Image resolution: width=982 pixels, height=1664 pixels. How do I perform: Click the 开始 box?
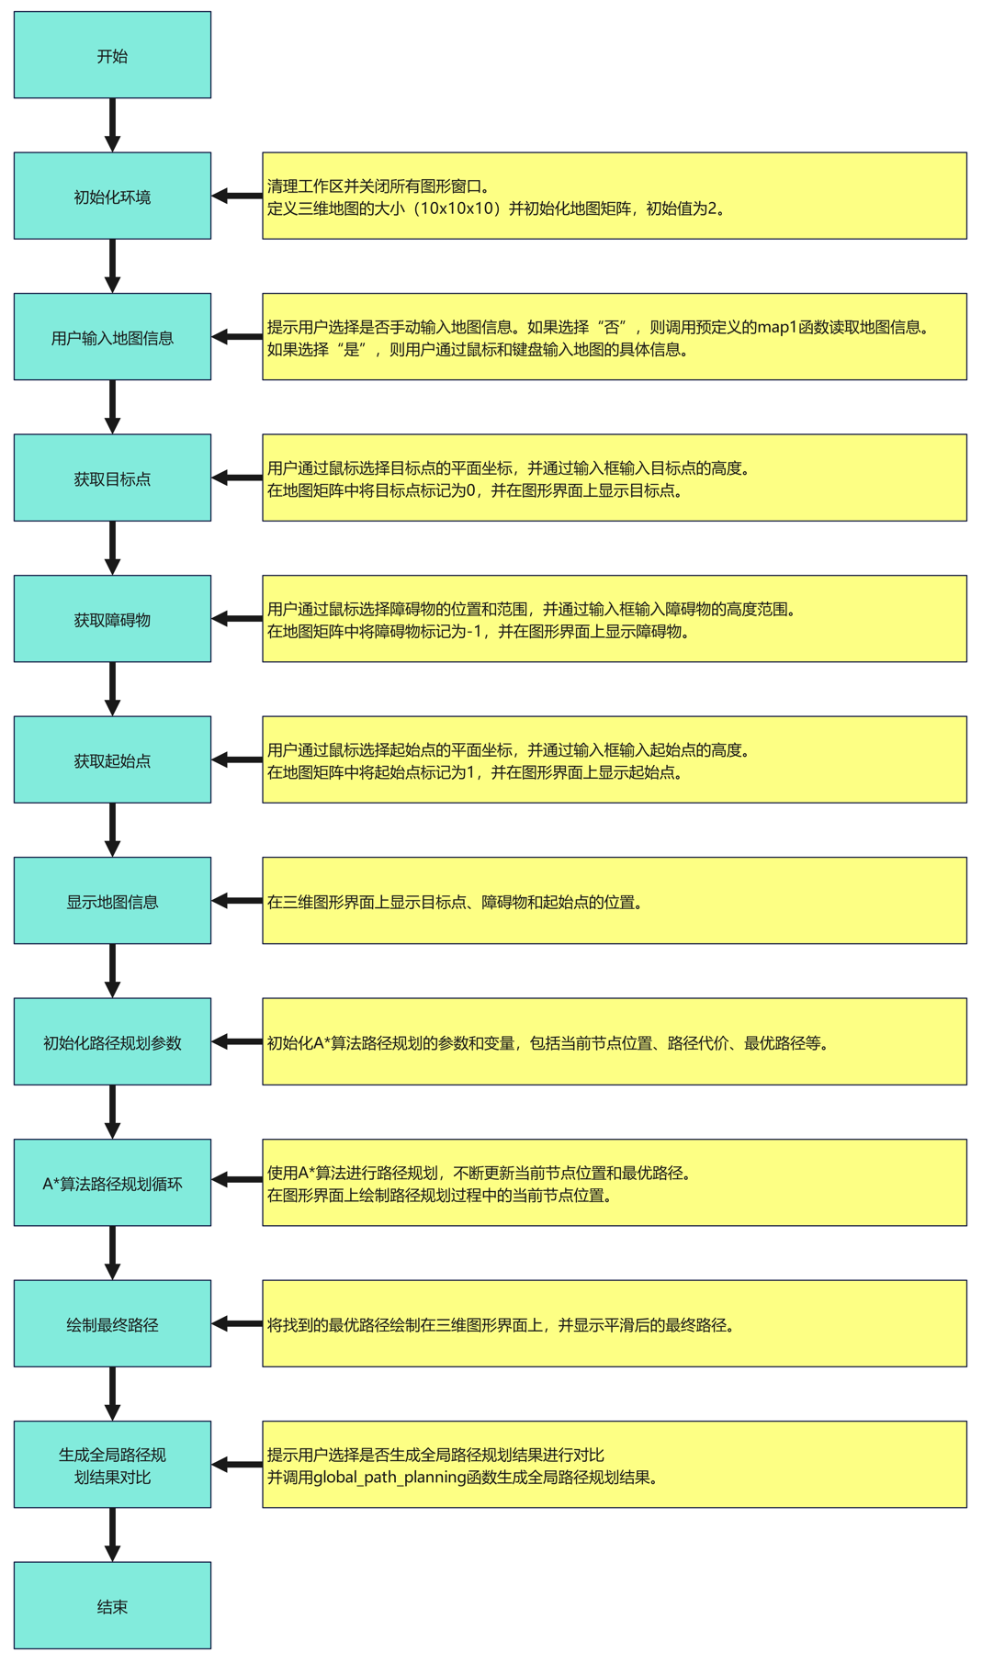[112, 55]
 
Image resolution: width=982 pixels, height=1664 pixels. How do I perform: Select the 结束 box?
[112, 1606]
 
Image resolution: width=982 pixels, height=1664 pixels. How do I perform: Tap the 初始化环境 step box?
[112, 197]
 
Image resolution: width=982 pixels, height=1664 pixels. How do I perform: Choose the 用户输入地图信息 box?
[112, 337]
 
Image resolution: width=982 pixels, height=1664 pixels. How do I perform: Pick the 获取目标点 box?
[112, 478]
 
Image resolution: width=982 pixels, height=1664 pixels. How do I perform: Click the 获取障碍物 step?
[112, 619]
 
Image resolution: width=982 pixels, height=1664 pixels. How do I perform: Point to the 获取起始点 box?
[112, 760]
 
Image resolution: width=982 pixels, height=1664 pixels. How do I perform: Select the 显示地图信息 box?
[112, 901]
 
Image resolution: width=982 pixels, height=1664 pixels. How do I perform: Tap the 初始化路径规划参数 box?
[112, 1042]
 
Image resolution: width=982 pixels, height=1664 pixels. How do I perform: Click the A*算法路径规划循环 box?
[112, 1183]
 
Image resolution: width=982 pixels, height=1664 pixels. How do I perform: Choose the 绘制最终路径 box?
[112, 1324]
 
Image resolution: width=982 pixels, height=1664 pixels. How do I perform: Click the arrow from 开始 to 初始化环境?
[112, 125]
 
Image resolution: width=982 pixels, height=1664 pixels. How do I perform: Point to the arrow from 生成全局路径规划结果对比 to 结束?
[112, 1535]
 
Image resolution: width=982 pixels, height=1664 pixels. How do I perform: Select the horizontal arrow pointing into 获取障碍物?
[237, 619]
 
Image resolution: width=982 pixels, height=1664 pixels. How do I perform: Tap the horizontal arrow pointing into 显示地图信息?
[237, 901]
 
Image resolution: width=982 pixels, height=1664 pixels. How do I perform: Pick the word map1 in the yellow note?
[777, 327]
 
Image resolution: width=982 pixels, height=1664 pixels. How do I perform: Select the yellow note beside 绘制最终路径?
[614, 1324]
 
